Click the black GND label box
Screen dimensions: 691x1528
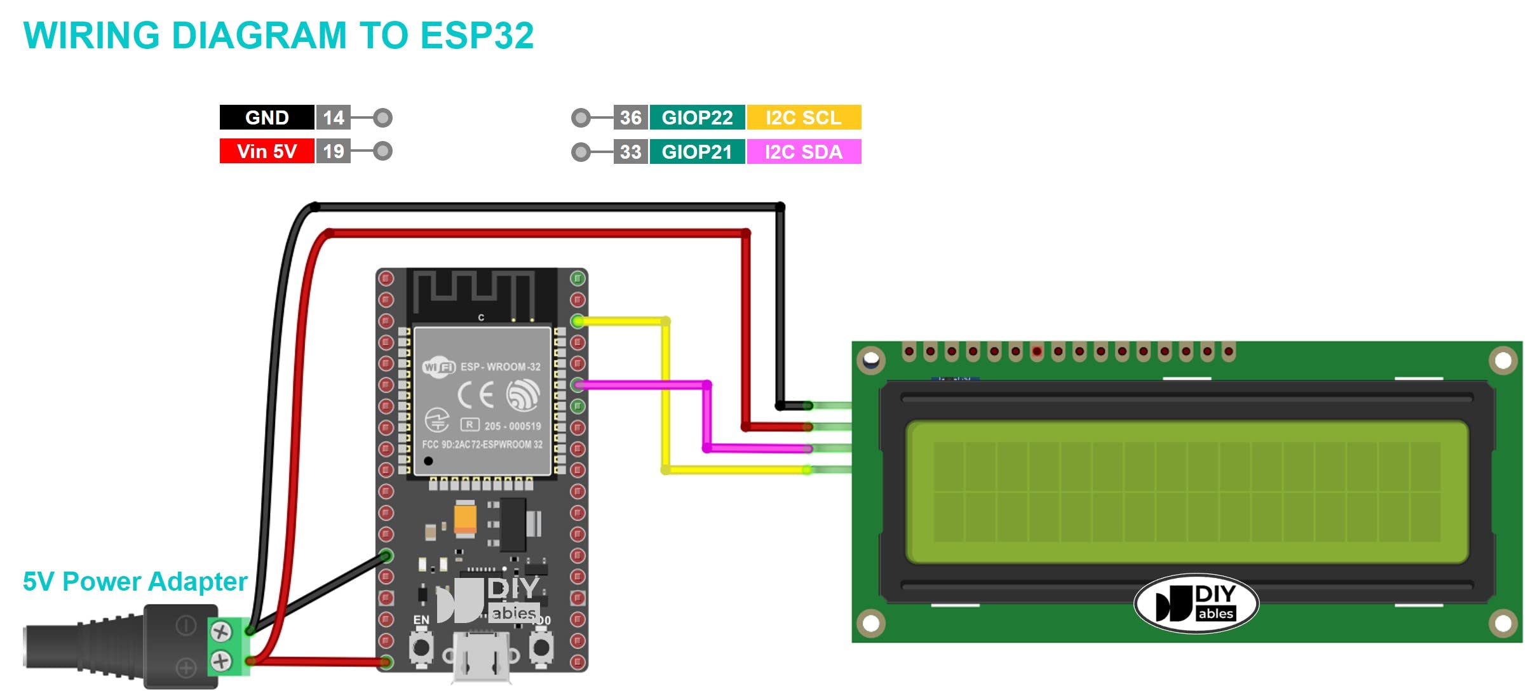[267, 117]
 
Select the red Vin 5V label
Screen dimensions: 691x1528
[267, 151]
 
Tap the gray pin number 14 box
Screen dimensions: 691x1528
[334, 117]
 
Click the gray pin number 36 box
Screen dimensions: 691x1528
[630, 117]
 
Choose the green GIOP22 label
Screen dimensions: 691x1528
[697, 117]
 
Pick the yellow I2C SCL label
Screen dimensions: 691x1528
[804, 117]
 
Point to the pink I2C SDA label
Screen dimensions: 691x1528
[804, 152]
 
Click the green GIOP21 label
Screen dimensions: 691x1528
[697, 152]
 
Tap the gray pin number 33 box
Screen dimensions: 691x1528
[630, 152]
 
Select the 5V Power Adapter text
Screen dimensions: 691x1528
[135, 581]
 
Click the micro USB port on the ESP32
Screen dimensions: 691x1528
[482, 657]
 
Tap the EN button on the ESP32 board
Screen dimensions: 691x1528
[421, 648]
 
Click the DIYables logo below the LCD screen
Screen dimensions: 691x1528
[1196, 603]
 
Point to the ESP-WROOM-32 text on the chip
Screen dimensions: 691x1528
[500, 366]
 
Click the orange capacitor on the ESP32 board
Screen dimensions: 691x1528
[465, 518]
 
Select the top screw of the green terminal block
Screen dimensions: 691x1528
[220, 631]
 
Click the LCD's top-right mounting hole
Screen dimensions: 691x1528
[1503, 361]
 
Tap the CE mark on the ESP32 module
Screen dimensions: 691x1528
[475, 395]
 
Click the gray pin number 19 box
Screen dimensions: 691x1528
[334, 151]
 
